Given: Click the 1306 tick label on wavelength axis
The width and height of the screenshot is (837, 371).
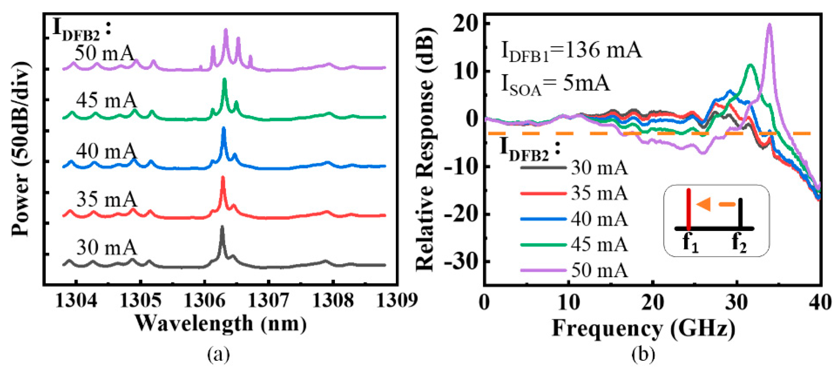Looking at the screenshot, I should point(204,301).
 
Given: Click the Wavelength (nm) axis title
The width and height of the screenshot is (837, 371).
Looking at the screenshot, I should point(221,324).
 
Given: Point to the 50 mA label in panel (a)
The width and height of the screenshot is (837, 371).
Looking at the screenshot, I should point(104,53).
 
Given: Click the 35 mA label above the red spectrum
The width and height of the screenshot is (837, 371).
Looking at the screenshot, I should point(107,199).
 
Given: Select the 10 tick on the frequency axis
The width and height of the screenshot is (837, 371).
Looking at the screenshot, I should point(569,302).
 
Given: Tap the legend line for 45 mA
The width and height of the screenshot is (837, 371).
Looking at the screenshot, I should point(543,245).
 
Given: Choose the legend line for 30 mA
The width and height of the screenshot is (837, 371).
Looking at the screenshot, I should point(543,168).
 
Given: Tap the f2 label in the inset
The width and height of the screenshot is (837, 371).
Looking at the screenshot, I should point(739,243).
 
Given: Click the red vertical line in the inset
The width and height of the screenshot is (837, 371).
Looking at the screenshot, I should point(688,208).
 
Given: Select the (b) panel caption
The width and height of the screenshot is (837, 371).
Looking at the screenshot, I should point(643,354).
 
